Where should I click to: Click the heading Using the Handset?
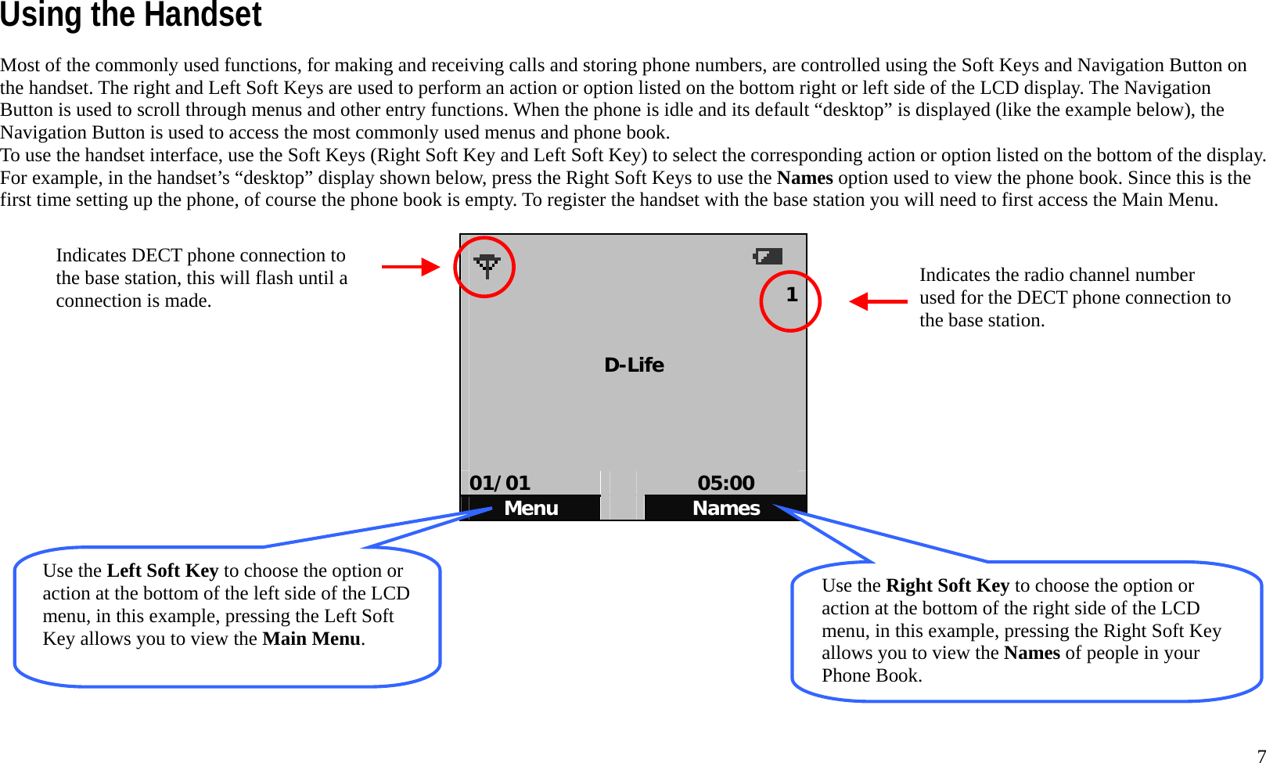tap(131, 16)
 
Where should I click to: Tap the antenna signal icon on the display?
tap(487, 266)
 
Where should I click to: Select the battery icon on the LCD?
tap(768, 256)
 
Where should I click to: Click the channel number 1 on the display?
tap(792, 295)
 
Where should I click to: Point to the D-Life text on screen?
tap(634, 365)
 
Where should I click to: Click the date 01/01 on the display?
tap(500, 483)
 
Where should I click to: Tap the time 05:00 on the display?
tap(726, 483)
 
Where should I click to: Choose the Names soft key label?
tap(726, 509)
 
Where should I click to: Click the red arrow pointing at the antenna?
tap(411, 267)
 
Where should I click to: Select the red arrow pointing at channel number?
tap(878, 301)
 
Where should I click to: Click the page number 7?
tap(1261, 755)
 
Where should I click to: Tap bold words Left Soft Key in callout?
tap(162, 570)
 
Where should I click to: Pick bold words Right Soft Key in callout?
tap(947, 585)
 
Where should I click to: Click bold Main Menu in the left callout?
tap(311, 639)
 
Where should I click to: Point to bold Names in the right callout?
tap(1031, 653)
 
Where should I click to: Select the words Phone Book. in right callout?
tap(872, 675)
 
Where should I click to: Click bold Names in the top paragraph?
tap(804, 178)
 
